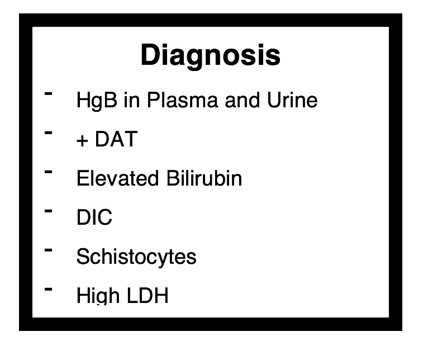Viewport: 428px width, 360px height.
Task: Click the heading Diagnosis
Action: [x=211, y=55]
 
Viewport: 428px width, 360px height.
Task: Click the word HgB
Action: [x=97, y=101]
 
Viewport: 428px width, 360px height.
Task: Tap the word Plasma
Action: [x=182, y=100]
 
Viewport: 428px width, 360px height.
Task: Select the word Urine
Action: [x=292, y=100]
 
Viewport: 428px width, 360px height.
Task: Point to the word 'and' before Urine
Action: [x=242, y=100]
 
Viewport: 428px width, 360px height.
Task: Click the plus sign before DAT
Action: [x=82, y=141]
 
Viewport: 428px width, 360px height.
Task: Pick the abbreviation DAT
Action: [x=116, y=139]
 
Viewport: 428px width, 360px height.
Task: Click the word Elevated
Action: [x=118, y=178]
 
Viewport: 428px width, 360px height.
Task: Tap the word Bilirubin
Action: [x=204, y=178]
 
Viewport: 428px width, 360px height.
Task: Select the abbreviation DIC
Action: [x=94, y=217]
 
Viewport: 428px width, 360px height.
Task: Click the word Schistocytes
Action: [x=136, y=257]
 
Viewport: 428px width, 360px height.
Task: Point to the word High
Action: [x=98, y=295]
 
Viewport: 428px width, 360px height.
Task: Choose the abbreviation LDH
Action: [x=148, y=295]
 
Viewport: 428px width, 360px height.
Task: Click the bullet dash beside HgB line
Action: [x=48, y=93]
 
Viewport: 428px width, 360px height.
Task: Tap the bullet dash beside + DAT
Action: [x=48, y=132]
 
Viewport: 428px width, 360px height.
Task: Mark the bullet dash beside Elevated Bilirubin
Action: [x=48, y=172]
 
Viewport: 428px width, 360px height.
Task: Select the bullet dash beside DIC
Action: [x=48, y=211]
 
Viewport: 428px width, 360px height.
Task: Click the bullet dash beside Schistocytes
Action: [x=48, y=250]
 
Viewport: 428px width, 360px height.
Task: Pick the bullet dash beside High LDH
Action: [x=48, y=289]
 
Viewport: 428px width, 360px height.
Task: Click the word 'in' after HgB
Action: [x=132, y=100]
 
